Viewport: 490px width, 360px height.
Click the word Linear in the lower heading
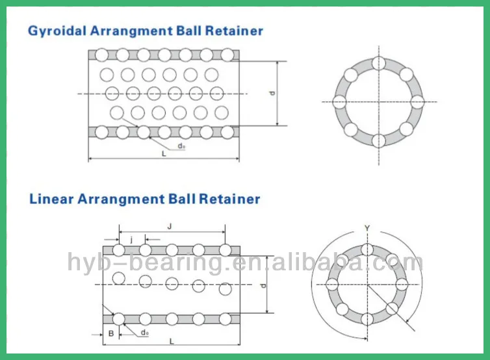pyautogui.click(x=51, y=199)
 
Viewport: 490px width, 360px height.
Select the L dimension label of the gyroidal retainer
pyautogui.click(x=164, y=154)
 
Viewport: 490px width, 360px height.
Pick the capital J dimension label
pyautogui.click(x=170, y=226)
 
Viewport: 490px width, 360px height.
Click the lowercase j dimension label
pyautogui.click(x=131, y=239)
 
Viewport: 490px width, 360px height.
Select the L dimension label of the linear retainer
pyautogui.click(x=171, y=341)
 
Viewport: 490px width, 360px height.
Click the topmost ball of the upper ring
pyautogui.click(x=379, y=63)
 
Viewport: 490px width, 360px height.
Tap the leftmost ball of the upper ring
pyautogui.click(x=339, y=101)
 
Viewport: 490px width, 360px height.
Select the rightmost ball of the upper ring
pyautogui.click(x=417, y=101)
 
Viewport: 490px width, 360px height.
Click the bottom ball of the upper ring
pyautogui.click(x=379, y=140)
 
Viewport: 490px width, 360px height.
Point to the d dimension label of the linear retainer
pyautogui.click(x=263, y=286)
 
